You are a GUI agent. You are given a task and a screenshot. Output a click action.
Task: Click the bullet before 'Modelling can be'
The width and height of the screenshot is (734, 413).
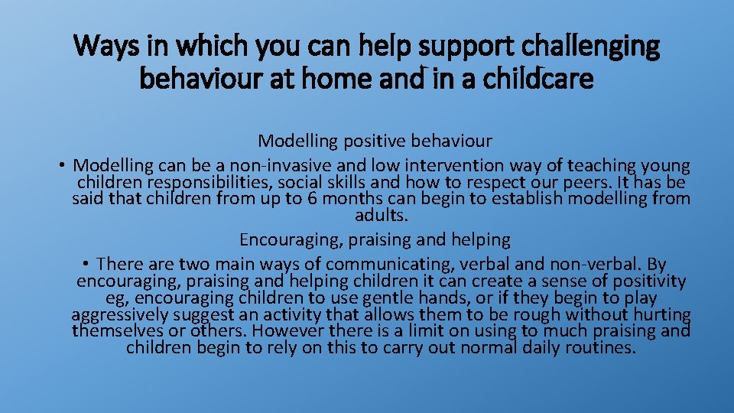61,166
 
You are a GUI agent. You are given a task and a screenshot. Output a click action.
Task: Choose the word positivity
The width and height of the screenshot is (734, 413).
646,281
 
